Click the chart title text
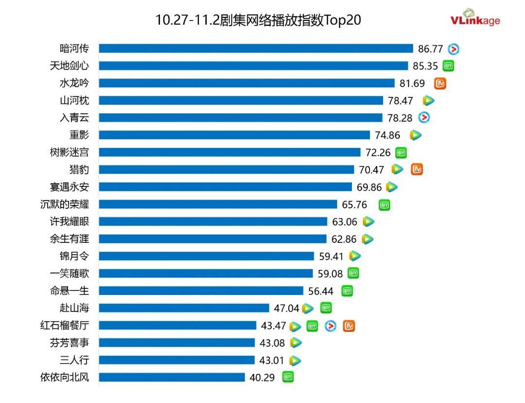pos(258,20)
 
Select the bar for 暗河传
pos(256,48)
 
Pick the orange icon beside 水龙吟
pos(440,83)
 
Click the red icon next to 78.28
pos(424,117)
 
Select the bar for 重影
pos(234,135)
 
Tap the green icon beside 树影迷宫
pos(401,152)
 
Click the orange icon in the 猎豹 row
pos(417,169)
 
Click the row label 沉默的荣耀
pos(65,204)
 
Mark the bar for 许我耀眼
pos(213,221)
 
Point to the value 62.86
pos(344,239)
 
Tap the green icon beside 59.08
pos(353,274)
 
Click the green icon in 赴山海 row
pos(326,308)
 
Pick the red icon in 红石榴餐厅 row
pos(331,326)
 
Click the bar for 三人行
pos(176,360)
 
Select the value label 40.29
pos(262,377)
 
